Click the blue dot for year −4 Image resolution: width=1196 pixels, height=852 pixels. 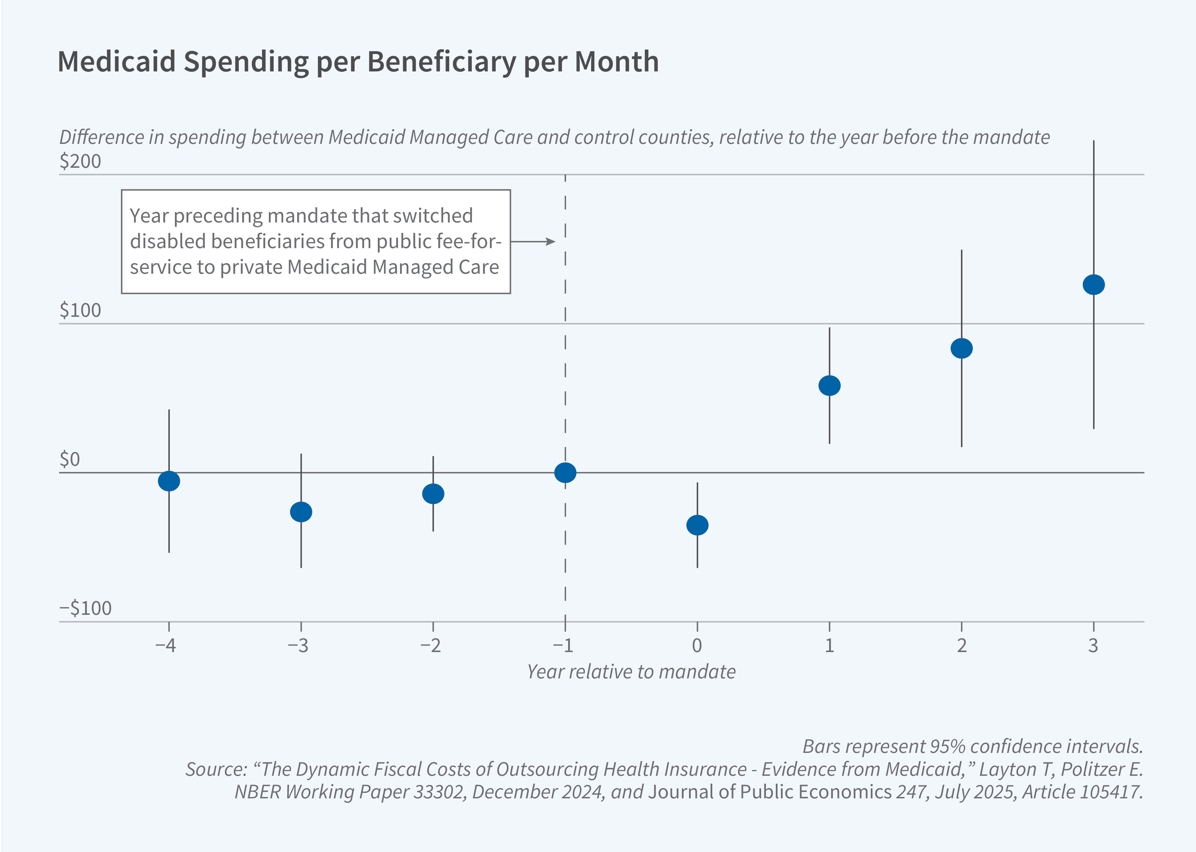pyautogui.click(x=169, y=481)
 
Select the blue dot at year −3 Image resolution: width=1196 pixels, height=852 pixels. pyautogui.click(x=301, y=512)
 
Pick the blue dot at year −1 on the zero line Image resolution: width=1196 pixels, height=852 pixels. pyautogui.click(x=565, y=473)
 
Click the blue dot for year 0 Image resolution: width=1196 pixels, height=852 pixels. pyautogui.click(x=697, y=525)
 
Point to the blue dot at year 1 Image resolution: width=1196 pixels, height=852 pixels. pyautogui.click(x=829, y=386)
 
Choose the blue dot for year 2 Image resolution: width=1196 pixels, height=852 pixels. pyautogui.click(x=962, y=348)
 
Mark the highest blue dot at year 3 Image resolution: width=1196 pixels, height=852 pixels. pyautogui.click(x=1094, y=284)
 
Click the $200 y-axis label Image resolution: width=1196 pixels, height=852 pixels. pyautogui.click(x=80, y=161)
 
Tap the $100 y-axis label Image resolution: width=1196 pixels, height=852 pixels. pyautogui.click(x=80, y=310)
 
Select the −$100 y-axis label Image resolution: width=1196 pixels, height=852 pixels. pyautogui.click(x=85, y=608)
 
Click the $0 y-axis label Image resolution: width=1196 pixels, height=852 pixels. pyautogui.click(x=70, y=459)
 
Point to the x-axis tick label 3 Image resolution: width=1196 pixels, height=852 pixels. pyautogui.click(x=1093, y=645)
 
